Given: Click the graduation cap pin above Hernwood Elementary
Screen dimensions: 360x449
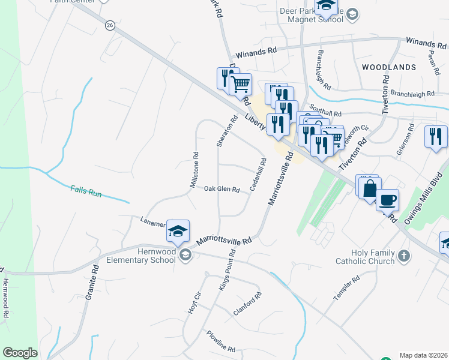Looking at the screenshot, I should pyautogui.click(x=178, y=232).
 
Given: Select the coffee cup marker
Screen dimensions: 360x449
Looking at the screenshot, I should pyautogui.click(x=387, y=199).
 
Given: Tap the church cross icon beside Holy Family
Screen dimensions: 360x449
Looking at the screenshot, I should pyautogui.click(x=405, y=256).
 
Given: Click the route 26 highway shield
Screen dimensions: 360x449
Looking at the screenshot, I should pyautogui.click(x=109, y=25).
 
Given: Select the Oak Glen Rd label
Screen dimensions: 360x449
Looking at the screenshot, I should pyautogui.click(x=221, y=189).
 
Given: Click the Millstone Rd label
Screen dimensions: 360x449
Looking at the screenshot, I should pyautogui.click(x=194, y=169).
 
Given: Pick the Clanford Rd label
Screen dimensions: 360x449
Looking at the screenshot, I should pyautogui.click(x=247, y=304).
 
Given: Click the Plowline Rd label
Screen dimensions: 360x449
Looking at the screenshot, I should pyautogui.click(x=220, y=341).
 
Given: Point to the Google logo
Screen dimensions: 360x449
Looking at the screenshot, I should pyautogui.click(x=20, y=353).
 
